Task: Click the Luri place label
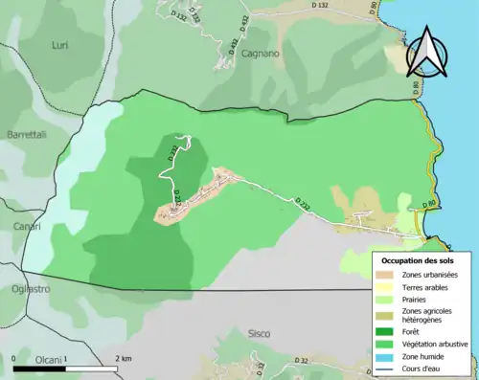[x=59, y=45]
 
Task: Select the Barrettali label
[x=29, y=135]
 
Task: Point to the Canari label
[x=27, y=225]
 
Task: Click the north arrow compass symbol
[x=426, y=51]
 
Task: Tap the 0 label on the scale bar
[x=15, y=359]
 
